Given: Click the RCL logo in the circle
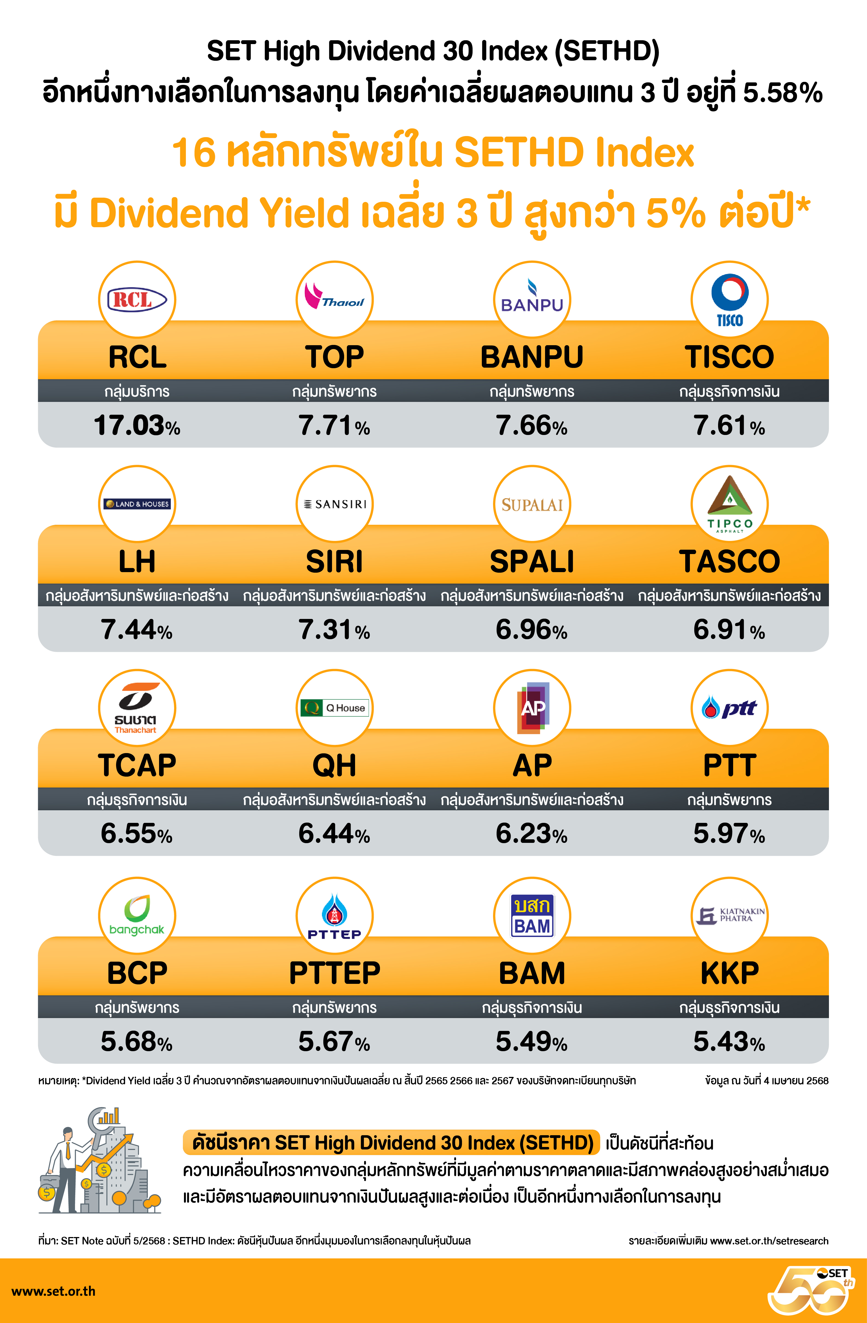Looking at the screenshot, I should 137,300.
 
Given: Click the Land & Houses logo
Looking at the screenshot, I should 137,504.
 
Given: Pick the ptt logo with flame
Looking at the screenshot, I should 729,708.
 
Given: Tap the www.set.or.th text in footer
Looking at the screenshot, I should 53,1291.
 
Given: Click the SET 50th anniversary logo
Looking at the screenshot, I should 811,1290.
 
